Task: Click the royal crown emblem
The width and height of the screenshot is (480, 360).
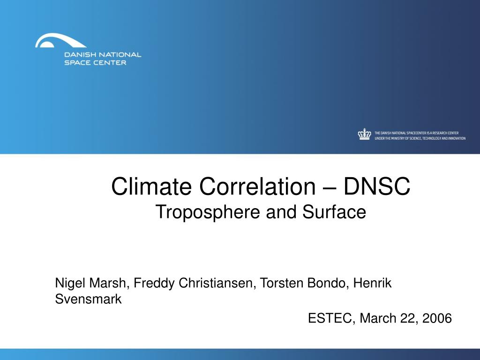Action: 364,134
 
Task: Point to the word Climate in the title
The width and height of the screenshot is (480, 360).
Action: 152,186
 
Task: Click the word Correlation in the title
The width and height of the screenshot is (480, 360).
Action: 257,186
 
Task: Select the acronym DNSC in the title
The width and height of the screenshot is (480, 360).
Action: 376,186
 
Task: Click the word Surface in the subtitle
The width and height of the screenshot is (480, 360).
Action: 334,211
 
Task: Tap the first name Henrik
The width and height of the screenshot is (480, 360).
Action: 372,283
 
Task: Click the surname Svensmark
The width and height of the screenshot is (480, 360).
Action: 88,299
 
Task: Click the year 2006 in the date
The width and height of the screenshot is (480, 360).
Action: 437,318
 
